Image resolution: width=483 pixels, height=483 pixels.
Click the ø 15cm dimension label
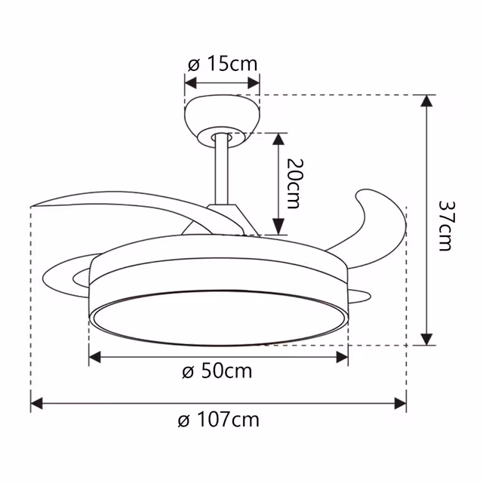222,64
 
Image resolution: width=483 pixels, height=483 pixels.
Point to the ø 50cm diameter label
217,371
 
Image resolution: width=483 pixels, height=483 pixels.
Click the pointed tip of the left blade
33,205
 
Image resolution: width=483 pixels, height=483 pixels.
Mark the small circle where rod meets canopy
222,137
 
